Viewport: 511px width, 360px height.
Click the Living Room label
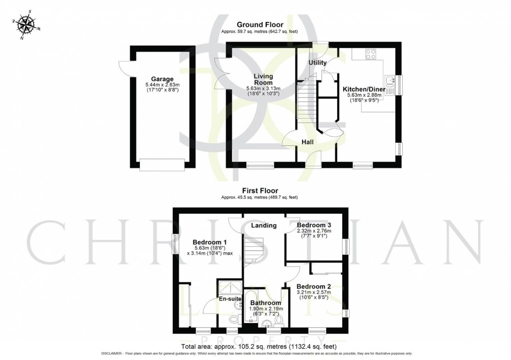263,79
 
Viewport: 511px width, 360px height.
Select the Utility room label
317,63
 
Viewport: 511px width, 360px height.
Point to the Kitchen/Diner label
364,89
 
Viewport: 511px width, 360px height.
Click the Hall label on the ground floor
308,143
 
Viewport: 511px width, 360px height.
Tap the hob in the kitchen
371,54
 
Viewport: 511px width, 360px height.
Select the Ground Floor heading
260,25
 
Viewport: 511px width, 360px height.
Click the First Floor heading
260,191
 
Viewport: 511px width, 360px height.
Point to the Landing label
264,225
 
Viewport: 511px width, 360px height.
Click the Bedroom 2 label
314,286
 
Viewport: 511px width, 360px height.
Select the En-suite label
230,299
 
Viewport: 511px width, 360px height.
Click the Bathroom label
266,303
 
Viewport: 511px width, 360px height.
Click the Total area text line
260,346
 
